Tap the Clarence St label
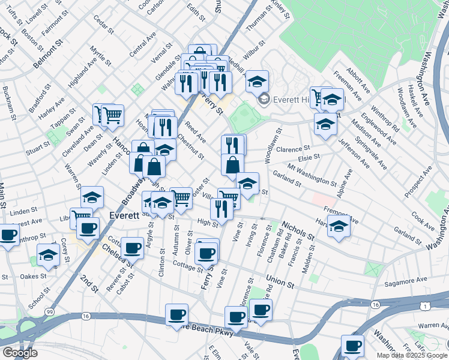click(x=293, y=149)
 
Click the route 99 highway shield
click(x=50, y=313)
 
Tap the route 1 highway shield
click(x=424, y=307)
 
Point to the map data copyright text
click(x=412, y=355)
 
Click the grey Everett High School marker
click(x=263, y=100)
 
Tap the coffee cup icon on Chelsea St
click(x=132, y=247)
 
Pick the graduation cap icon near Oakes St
click(x=48, y=254)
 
